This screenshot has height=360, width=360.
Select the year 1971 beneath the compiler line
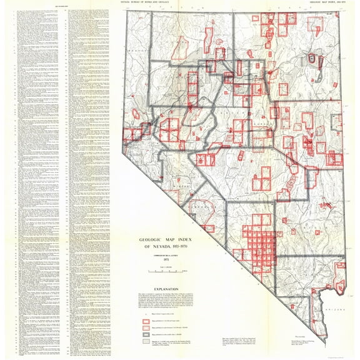pyautogui.click(x=161, y=259)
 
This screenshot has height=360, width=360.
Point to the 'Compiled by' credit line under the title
pyautogui.click(x=161, y=254)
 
